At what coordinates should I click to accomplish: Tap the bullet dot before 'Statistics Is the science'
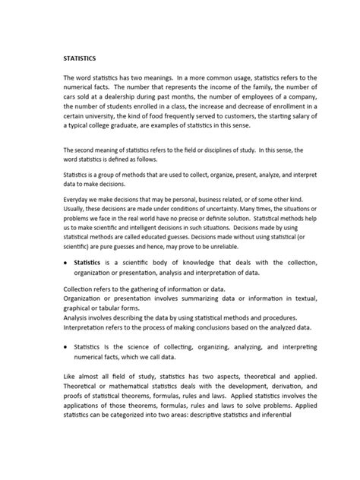pos(65,345)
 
